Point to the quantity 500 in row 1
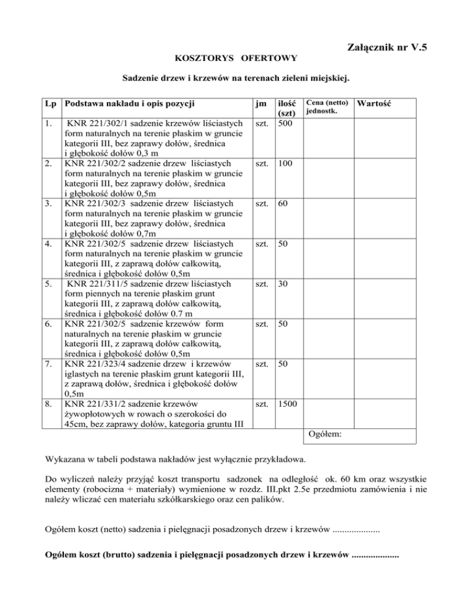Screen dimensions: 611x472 285,124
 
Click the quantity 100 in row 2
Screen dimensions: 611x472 285,164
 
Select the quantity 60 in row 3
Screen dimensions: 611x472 282,203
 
